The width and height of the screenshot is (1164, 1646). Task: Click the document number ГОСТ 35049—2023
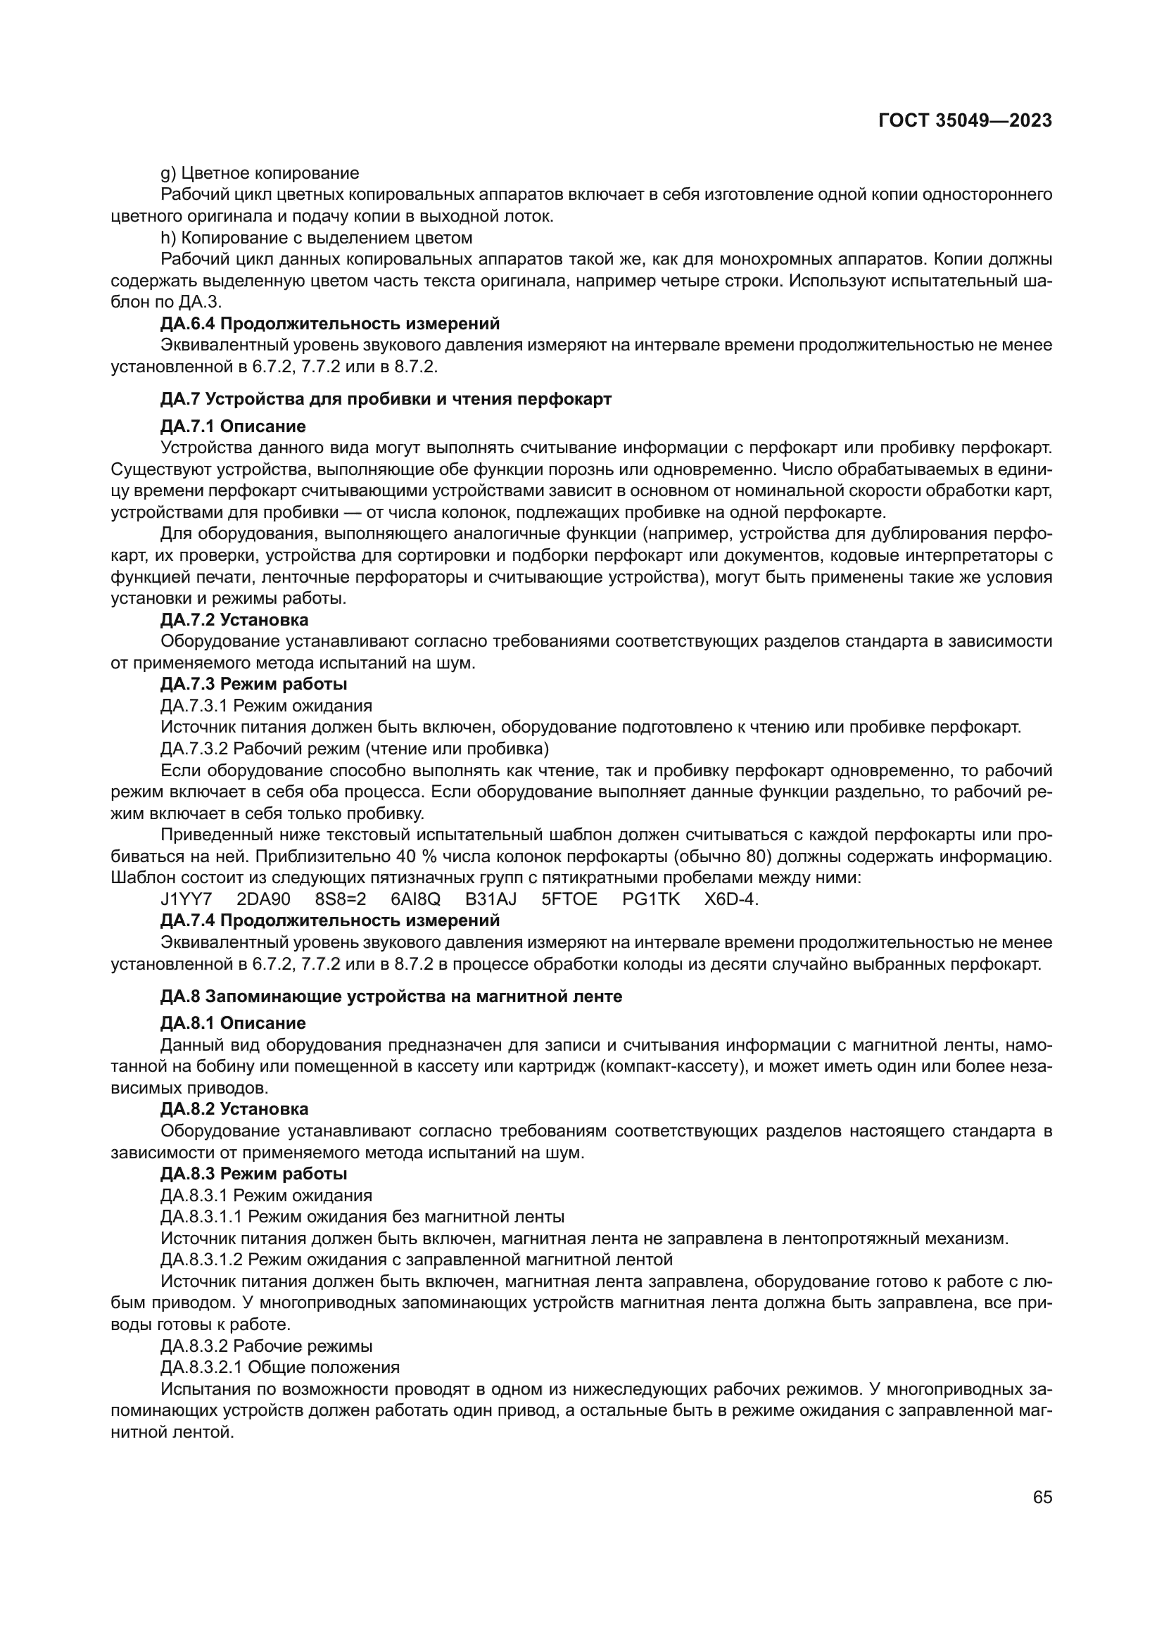(965, 120)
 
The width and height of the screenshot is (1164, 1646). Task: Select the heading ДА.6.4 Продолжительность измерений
(329, 323)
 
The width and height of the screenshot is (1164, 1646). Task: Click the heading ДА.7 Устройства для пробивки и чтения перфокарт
(386, 399)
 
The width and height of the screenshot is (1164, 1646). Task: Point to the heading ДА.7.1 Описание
(233, 426)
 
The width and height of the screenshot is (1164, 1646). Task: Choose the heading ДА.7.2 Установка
(234, 619)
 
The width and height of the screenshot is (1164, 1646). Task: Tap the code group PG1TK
(651, 899)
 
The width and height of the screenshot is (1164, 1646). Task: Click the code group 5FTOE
(569, 899)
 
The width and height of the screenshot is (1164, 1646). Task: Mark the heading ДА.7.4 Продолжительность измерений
(329, 920)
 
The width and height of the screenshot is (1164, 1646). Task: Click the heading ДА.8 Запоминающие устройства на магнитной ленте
(391, 996)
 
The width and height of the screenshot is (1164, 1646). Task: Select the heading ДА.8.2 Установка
(234, 1109)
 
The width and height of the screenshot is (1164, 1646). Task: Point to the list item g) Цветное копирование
(260, 174)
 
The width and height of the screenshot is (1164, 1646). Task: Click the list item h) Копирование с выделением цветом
(316, 237)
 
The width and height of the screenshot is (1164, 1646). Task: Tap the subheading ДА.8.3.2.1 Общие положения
(280, 1367)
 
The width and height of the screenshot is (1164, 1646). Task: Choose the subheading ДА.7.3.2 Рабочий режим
(355, 749)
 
